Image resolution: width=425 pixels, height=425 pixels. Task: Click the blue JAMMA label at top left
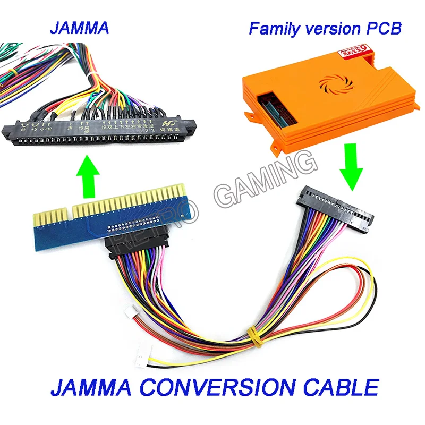(x=80, y=28)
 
